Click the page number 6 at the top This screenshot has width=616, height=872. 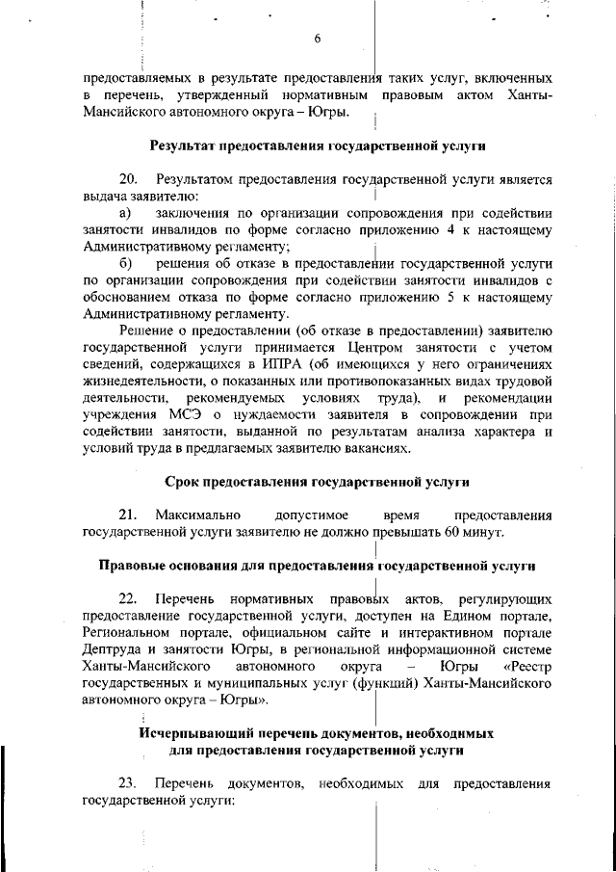pyautogui.click(x=316, y=39)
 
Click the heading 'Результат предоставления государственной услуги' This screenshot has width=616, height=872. pyautogui.click(x=316, y=146)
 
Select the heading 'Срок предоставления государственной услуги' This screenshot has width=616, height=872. pyautogui.click(x=316, y=482)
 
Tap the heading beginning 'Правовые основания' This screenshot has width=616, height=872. pyautogui.click(x=316, y=566)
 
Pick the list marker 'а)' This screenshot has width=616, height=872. pyautogui.click(x=125, y=212)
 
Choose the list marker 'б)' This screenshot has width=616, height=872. pyautogui.click(x=125, y=262)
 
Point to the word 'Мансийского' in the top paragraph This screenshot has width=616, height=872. pyautogui.click(x=121, y=113)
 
